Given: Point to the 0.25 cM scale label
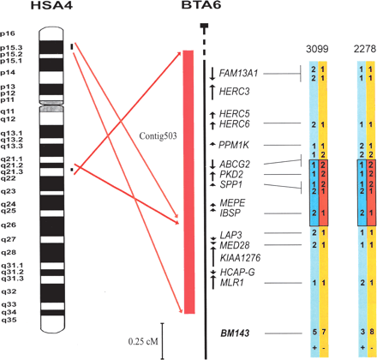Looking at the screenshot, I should pos(141,341).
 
